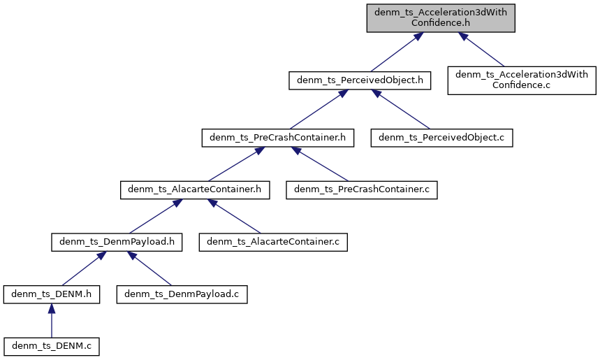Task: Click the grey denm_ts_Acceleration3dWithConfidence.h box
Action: tap(441, 17)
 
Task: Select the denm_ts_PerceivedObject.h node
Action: tap(360, 81)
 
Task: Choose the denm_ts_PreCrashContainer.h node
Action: tap(277, 138)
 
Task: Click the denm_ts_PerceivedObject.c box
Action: tap(442, 138)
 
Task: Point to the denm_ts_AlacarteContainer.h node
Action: tap(195, 189)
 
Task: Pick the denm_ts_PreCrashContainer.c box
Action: tap(361, 189)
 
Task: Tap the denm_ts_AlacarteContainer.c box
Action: tap(273, 242)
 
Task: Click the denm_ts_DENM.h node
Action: tap(51, 294)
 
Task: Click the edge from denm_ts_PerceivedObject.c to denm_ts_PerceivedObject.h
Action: tap(404, 112)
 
